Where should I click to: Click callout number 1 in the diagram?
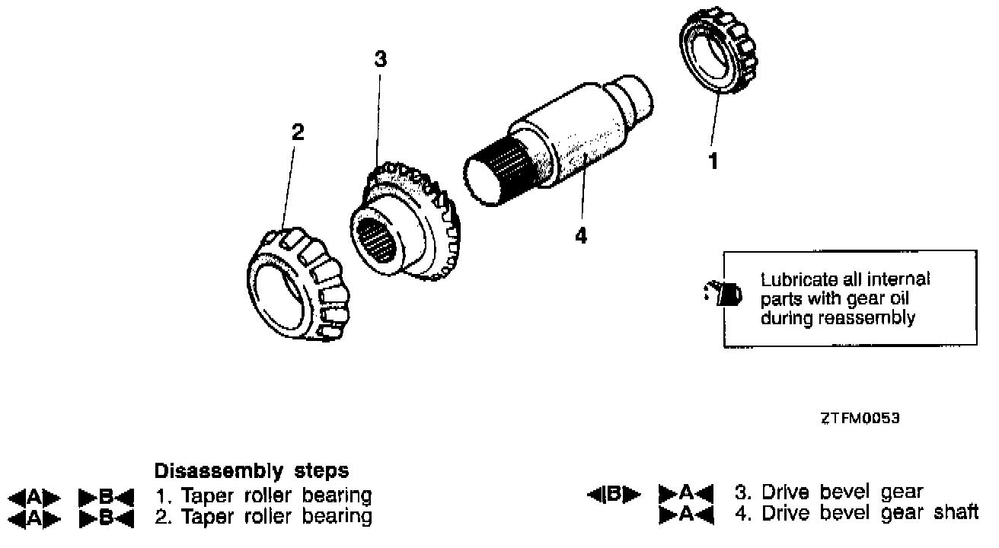(x=713, y=161)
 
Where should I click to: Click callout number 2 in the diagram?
(x=298, y=132)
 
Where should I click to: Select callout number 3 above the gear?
(x=381, y=59)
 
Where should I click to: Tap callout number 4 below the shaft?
(x=581, y=236)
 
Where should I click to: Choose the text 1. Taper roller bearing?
(x=263, y=495)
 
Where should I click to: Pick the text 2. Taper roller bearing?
(x=263, y=518)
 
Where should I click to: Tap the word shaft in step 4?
(x=955, y=513)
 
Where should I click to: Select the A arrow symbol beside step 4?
(x=685, y=515)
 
